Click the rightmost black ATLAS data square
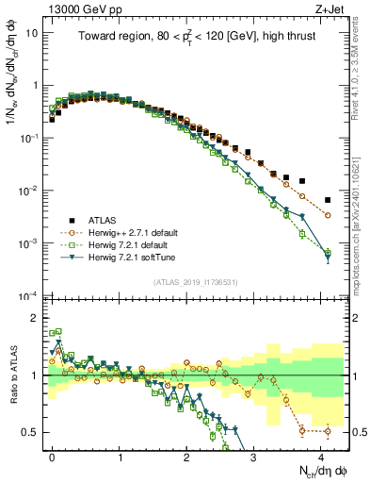(328, 200)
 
